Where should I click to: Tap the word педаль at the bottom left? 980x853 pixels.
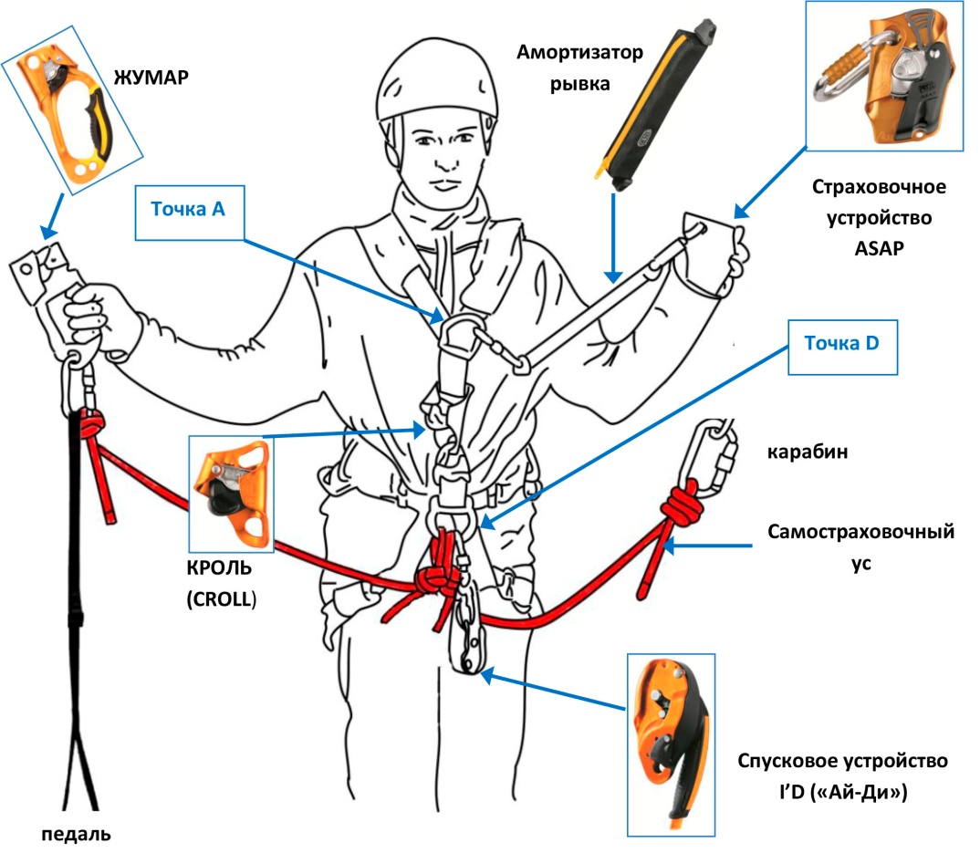point(77,833)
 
